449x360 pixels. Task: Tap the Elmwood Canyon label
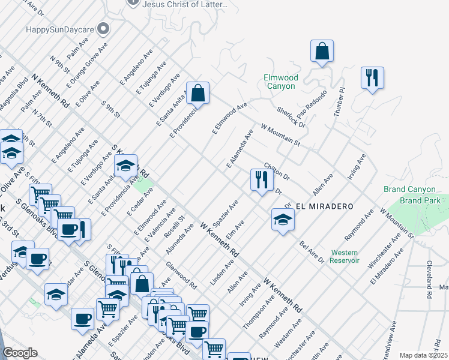coord(280,82)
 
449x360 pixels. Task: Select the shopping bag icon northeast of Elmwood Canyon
coord(322,52)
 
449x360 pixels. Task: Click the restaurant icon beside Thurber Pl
coord(372,78)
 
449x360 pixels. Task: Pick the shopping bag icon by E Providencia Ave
coord(197,94)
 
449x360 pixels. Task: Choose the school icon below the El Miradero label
coord(283,220)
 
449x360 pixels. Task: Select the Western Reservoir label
coord(345,256)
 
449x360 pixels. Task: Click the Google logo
coord(19,353)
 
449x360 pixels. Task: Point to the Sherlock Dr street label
coord(291,117)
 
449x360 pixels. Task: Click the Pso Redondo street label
coord(310,106)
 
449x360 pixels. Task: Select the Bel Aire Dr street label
coord(312,253)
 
